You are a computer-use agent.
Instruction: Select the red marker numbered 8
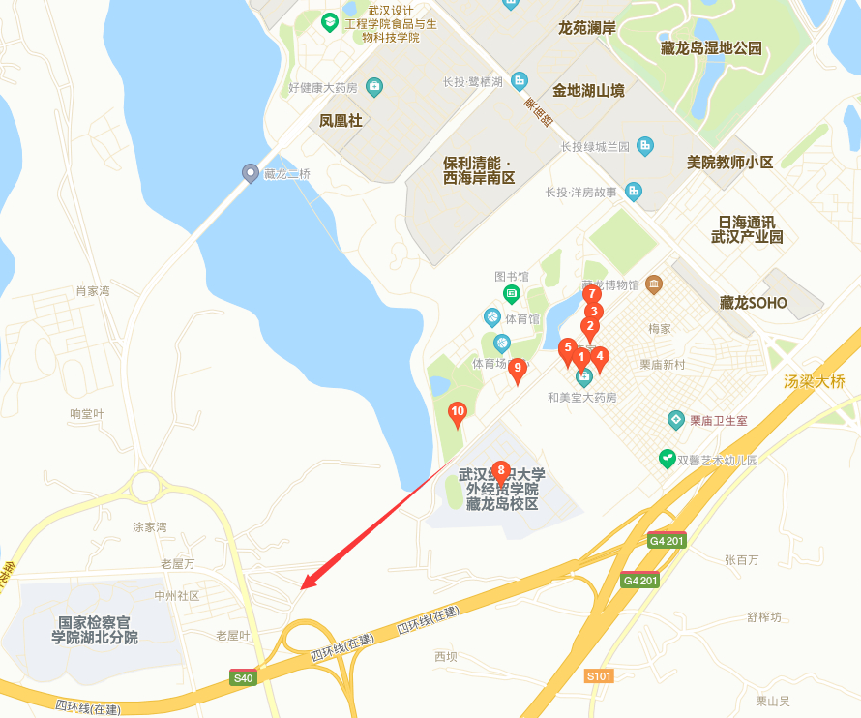click(500, 471)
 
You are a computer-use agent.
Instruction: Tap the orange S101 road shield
click(599, 676)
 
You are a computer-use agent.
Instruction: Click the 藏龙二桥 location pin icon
click(250, 173)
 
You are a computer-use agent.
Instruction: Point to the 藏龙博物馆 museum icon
click(655, 284)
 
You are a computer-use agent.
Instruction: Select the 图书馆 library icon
click(511, 293)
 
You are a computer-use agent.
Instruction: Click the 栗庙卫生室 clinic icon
click(676, 420)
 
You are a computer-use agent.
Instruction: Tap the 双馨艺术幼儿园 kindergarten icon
click(667, 459)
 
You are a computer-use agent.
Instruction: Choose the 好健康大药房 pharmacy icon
click(374, 88)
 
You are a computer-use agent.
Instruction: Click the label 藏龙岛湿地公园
click(711, 48)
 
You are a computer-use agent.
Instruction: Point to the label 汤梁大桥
click(815, 382)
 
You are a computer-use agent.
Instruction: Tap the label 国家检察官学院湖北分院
click(97, 630)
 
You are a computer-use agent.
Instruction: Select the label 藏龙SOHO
click(754, 303)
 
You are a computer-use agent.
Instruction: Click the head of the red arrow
click(304, 586)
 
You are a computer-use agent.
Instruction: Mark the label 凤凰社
click(341, 121)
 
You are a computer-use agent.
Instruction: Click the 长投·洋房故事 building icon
click(634, 192)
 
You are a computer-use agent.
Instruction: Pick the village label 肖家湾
click(93, 290)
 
